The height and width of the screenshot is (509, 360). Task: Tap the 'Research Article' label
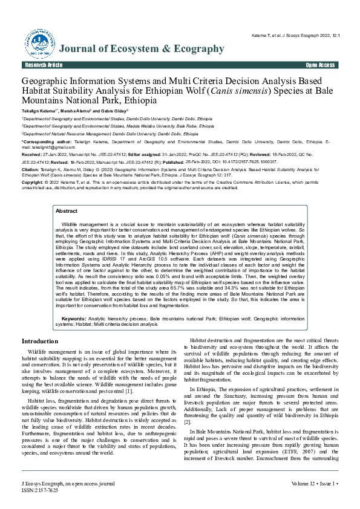[x=43, y=65]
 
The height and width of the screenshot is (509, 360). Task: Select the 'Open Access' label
[x=320, y=65]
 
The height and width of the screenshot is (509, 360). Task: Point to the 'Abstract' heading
[x=67, y=211]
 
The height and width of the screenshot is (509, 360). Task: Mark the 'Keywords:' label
[x=74, y=317]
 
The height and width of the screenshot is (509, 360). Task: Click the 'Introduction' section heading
[x=40, y=342]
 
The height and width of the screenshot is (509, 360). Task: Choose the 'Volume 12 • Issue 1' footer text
[x=311, y=484]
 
